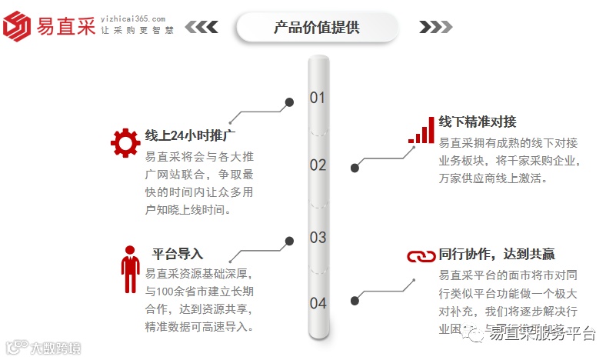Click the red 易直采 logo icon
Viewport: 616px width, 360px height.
tap(18, 25)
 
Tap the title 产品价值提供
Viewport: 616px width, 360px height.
tap(317, 28)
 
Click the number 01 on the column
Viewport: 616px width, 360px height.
tap(318, 98)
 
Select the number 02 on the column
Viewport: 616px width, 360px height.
tap(318, 165)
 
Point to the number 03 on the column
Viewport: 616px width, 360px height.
tap(318, 237)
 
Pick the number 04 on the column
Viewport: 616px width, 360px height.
tap(318, 303)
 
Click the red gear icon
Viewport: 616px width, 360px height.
tap(125, 143)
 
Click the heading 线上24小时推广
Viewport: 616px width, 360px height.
tap(190, 136)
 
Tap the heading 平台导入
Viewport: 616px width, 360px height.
tap(178, 254)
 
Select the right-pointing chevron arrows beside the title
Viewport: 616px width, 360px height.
tap(434, 28)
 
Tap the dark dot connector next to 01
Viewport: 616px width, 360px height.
tap(289, 102)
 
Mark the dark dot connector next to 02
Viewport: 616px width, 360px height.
tap(355, 168)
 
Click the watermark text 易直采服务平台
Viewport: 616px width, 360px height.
tap(542, 333)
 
